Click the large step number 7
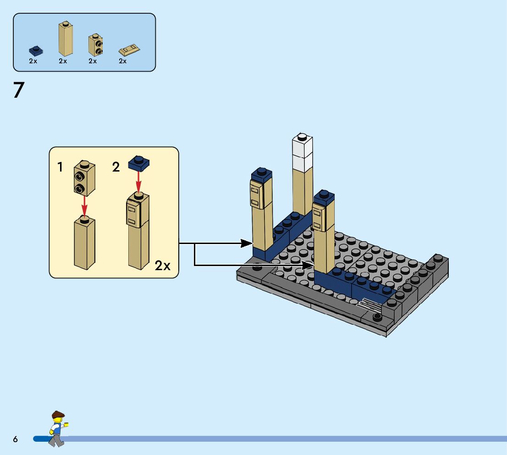tap(18, 90)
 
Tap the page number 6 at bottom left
tap(16, 439)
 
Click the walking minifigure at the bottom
tap(57, 428)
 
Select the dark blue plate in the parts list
tap(34, 50)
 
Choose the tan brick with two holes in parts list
tap(95, 45)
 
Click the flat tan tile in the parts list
tap(129, 49)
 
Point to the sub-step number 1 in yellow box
tap(60, 167)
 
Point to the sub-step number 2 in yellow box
tap(116, 167)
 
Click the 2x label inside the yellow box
tap(162, 266)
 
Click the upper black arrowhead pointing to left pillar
tap(248, 243)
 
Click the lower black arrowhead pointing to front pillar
tap(308, 265)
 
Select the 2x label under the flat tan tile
tap(123, 61)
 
